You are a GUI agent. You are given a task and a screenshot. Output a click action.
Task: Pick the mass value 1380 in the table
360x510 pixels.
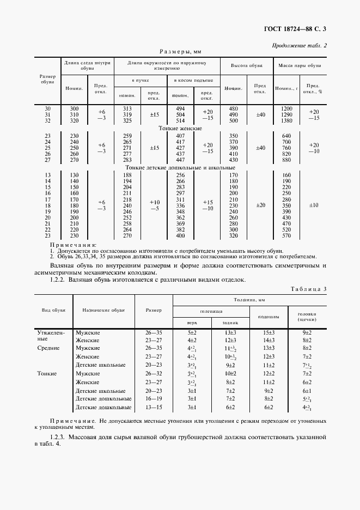point(286,120)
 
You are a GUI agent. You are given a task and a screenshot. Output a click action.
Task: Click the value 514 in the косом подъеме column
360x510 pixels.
point(180,120)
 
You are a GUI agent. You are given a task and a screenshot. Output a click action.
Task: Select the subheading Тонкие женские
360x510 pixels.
point(180,128)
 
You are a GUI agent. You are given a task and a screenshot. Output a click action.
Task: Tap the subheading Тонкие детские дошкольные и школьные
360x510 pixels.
point(180,168)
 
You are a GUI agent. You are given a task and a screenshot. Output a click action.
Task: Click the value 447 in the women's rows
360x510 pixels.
point(180,160)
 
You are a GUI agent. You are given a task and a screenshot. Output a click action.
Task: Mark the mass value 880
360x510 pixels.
point(286,160)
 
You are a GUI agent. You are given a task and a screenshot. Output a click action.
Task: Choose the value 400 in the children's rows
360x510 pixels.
point(180,235)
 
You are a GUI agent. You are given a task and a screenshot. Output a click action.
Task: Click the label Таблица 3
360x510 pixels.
point(308,288)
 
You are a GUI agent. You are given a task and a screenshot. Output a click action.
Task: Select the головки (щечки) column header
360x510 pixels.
point(307,317)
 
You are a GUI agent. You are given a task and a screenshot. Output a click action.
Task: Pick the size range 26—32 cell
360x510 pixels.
point(154,373)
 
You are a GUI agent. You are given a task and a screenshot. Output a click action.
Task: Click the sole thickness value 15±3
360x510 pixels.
point(269,332)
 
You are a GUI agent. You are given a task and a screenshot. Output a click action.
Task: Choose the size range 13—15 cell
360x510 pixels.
point(154,406)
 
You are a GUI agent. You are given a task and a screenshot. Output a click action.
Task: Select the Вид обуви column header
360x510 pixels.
point(54,309)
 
